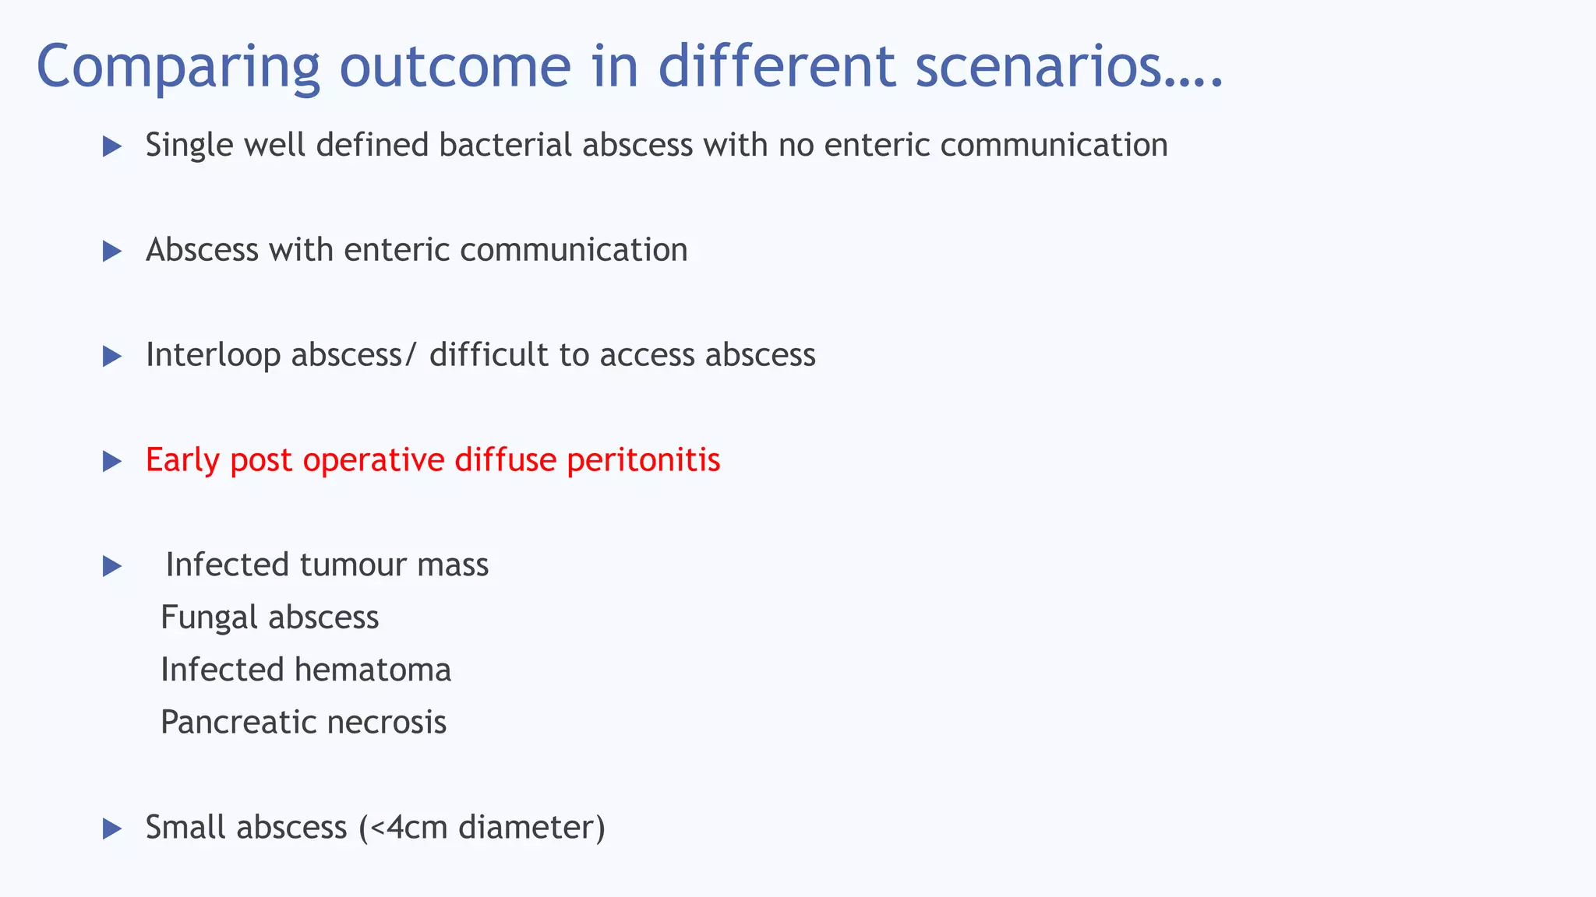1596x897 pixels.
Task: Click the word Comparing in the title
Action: [x=178, y=67]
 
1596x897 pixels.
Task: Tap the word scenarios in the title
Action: [x=1068, y=67]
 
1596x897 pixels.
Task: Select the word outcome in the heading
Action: [x=455, y=67]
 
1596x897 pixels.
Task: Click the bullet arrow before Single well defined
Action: [x=112, y=146]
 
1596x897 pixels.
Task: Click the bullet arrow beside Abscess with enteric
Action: [x=112, y=252]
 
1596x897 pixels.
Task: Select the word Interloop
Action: [x=213, y=355]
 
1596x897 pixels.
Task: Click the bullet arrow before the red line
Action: [x=112, y=462]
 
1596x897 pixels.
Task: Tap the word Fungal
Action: [x=209, y=617]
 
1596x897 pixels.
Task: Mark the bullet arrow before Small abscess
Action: [x=112, y=829]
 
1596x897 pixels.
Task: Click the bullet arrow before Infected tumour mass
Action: [x=112, y=567]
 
